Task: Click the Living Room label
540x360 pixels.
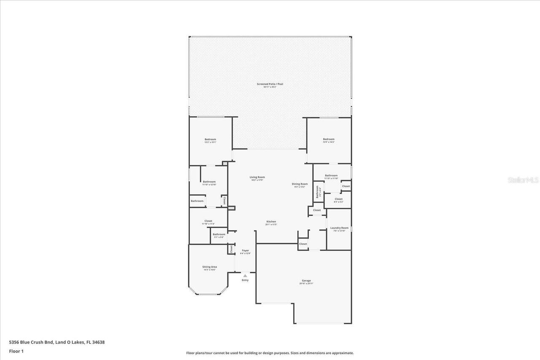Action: (257, 177)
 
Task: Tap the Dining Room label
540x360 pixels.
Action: (300, 184)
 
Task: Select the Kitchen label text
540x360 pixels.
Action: (271, 222)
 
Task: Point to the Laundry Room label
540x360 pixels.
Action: (339, 228)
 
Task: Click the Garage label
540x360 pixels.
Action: (306, 280)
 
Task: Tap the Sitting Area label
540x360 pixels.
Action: (209, 267)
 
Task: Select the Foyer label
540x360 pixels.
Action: (245, 250)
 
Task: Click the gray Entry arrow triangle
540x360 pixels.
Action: (245, 276)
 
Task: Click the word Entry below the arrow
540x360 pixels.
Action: (245, 280)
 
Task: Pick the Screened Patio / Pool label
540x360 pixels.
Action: (270, 84)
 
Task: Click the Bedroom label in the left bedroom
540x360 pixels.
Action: (210, 140)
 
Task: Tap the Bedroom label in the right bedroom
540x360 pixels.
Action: (329, 139)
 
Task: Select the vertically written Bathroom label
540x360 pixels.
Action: (317, 192)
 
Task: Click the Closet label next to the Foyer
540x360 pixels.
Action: (231, 249)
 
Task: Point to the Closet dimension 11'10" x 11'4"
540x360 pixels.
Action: (208, 224)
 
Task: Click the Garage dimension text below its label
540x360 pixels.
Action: (306, 284)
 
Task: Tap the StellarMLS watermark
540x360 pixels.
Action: (523, 180)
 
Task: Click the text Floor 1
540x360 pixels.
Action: (16, 351)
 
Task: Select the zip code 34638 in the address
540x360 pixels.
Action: (98, 342)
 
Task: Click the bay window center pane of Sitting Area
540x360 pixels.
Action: (208, 294)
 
